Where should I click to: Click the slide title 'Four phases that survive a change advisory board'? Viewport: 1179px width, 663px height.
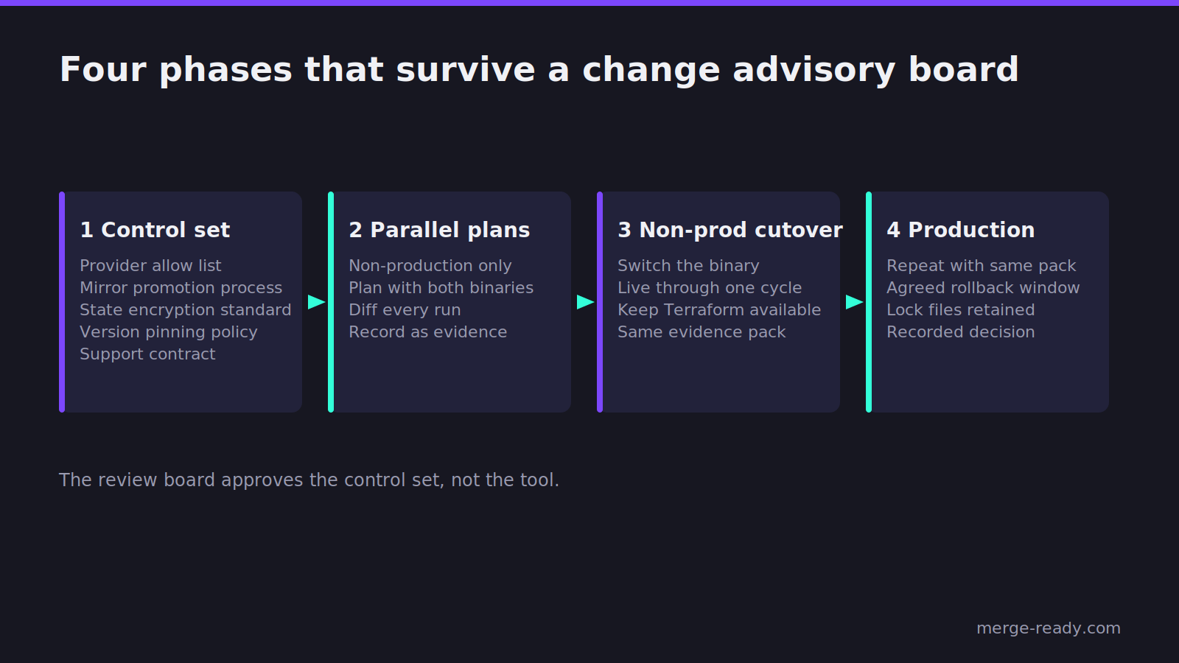(x=539, y=70)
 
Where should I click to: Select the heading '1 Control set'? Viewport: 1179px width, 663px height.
(x=155, y=230)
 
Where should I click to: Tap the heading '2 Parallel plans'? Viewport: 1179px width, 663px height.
(x=439, y=230)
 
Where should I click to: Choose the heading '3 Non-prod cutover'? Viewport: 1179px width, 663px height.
(x=730, y=230)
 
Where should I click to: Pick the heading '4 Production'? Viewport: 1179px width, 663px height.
(x=961, y=230)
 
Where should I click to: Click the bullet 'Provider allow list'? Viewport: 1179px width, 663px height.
(x=150, y=266)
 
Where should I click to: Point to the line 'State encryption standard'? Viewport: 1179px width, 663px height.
(x=185, y=310)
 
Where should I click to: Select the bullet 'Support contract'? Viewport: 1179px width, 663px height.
(x=147, y=354)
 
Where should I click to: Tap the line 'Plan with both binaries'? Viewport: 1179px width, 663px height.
(x=441, y=288)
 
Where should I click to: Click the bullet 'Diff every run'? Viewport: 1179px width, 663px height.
(x=405, y=310)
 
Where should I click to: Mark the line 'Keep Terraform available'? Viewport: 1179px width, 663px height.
(x=719, y=310)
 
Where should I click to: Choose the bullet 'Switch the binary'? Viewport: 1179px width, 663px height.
(x=688, y=266)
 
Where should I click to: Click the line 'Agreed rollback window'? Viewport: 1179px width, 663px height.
(x=983, y=288)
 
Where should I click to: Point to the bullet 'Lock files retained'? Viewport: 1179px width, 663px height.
(x=961, y=310)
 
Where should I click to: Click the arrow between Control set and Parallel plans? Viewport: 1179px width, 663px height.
(x=316, y=302)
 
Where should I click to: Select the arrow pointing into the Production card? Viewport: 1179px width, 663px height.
(x=854, y=302)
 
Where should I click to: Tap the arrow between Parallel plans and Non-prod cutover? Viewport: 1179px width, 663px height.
(x=585, y=302)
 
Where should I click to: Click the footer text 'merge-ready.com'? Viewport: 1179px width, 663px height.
(x=1049, y=628)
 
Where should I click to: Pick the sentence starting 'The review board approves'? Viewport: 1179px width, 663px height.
(x=309, y=480)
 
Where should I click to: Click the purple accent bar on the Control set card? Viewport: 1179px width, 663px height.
(x=62, y=302)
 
